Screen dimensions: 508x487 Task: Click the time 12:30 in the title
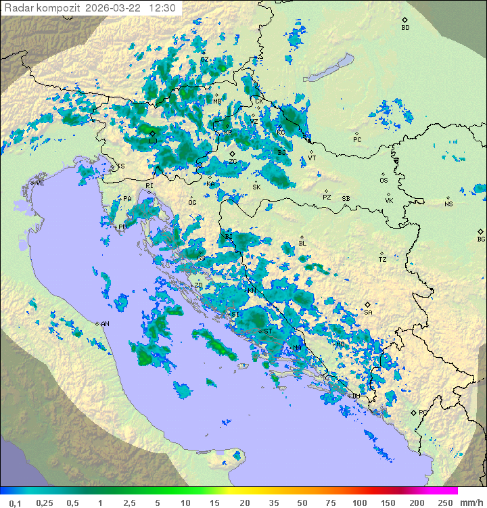tap(163, 8)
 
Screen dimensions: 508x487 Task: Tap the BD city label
tap(405, 28)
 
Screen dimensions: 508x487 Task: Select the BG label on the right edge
tap(481, 239)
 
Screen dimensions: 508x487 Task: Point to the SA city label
tap(368, 312)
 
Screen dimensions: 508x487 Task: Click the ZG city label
tap(233, 161)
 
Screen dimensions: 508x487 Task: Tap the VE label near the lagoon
tap(40, 183)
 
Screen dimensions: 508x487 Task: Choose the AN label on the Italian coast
tap(105, 324)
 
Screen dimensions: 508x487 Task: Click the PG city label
tap(423, 412)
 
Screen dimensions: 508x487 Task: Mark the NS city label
tap(448, 204)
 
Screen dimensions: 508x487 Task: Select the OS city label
tap(384, 181)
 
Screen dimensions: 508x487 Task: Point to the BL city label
tap(302, 244)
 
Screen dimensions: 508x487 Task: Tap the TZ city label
tap(382, 259)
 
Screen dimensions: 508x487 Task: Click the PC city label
tap(357, 140)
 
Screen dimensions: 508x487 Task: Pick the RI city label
tap(149, 185)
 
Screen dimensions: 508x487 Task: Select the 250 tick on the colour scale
tap(444, 503)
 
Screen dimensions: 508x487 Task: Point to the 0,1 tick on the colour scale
tap(15, 503)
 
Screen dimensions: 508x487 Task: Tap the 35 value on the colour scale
tap(275, 503)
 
